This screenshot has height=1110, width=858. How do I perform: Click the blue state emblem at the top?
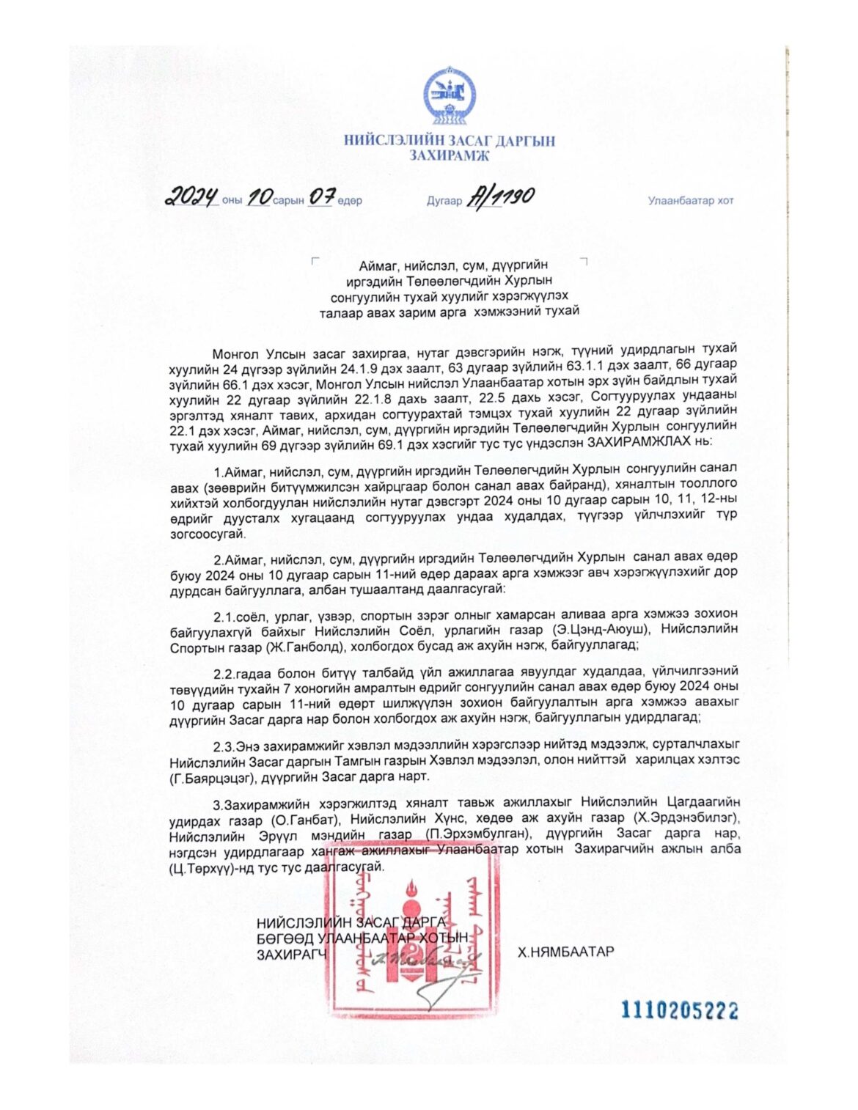point(449,96)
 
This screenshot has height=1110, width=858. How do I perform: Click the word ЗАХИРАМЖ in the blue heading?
point(449,155)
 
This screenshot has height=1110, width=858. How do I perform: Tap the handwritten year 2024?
point(191,196)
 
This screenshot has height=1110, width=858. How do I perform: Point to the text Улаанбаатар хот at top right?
point(690,201)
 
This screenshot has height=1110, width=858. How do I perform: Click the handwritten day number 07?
point(321,196)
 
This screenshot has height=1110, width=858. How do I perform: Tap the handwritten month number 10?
point(259,196)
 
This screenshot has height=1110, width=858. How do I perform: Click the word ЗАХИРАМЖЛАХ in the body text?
point(646,441)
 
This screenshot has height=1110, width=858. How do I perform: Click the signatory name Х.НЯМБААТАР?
point(565,952)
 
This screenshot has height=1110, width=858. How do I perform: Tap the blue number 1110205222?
point(679,1010)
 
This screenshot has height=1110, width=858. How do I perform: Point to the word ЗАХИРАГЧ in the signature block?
point(292,955)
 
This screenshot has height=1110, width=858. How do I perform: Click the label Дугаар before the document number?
point(444,201)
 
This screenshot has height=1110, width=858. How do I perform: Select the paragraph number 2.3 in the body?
point(223,746)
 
